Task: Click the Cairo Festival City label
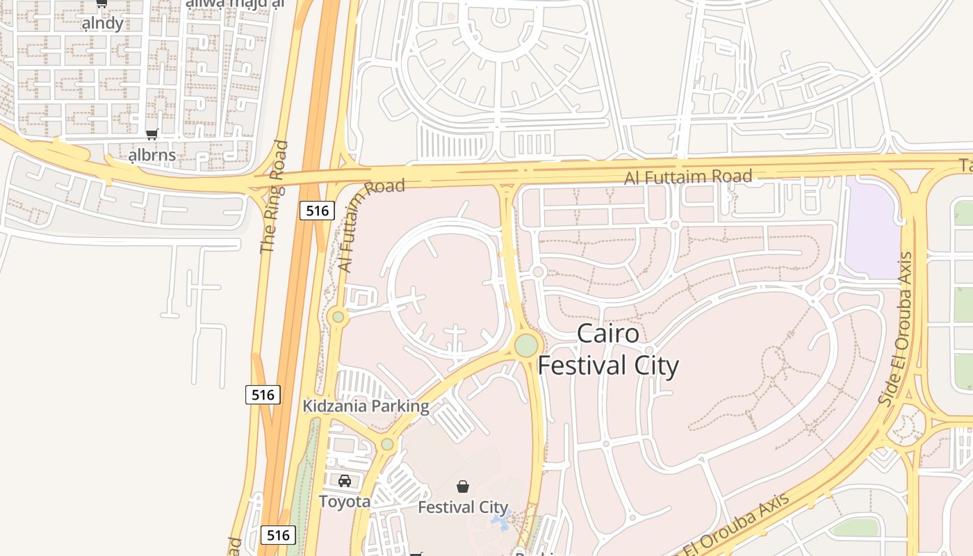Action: pyautogui.click(x=608, y=350)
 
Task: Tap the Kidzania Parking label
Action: pyautogui.click(x=366, y=406)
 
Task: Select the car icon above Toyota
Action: pyautogui.click(x=345, y=481)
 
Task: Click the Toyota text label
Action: pyautogui.click(x=345, y=501)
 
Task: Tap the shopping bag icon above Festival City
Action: pyautogui.click(x=463, y=486)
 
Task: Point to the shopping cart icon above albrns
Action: pyautogui.click(x=152, y=134)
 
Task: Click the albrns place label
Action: pyautogui.click(x=152, y=154)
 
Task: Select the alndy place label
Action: pyautogui.click(x=103, y=23)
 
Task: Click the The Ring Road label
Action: pyautogui.click(x=273, y=197)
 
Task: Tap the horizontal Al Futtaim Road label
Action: pyautogui.click(x=687, y=177)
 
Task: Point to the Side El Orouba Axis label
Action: pyautogui.click(x=895, y=329)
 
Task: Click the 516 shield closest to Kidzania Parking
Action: pyautogui.click(x=263, y=395)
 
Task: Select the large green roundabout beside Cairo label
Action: pyautogui.click(x=526, y=345)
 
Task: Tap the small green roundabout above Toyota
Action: pyautogui.click(x=387, y=444)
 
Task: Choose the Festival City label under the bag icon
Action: pyautogui.click(x=463, y=507)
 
